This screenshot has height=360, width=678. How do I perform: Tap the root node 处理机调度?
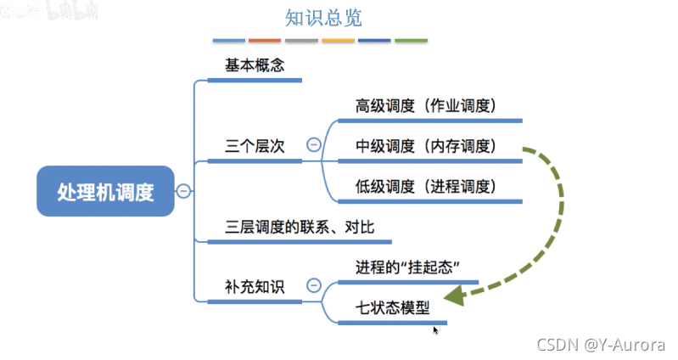105,192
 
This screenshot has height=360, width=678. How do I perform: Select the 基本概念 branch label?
252,65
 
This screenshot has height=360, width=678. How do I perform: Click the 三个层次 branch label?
252,145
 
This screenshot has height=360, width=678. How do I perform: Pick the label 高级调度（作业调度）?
426,106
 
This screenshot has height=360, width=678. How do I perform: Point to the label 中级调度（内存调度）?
426,146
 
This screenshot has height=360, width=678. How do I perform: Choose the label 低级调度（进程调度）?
426,186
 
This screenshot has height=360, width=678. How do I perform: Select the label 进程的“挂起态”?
408,267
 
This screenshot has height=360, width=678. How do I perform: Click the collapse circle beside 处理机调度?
183,192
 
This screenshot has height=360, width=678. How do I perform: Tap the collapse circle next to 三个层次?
313,145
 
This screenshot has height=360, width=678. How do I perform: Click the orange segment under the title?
265,41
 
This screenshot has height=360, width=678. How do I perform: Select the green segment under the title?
411,41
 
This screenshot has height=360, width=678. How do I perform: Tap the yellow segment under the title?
338,41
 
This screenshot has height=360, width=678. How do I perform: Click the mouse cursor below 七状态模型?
436,329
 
